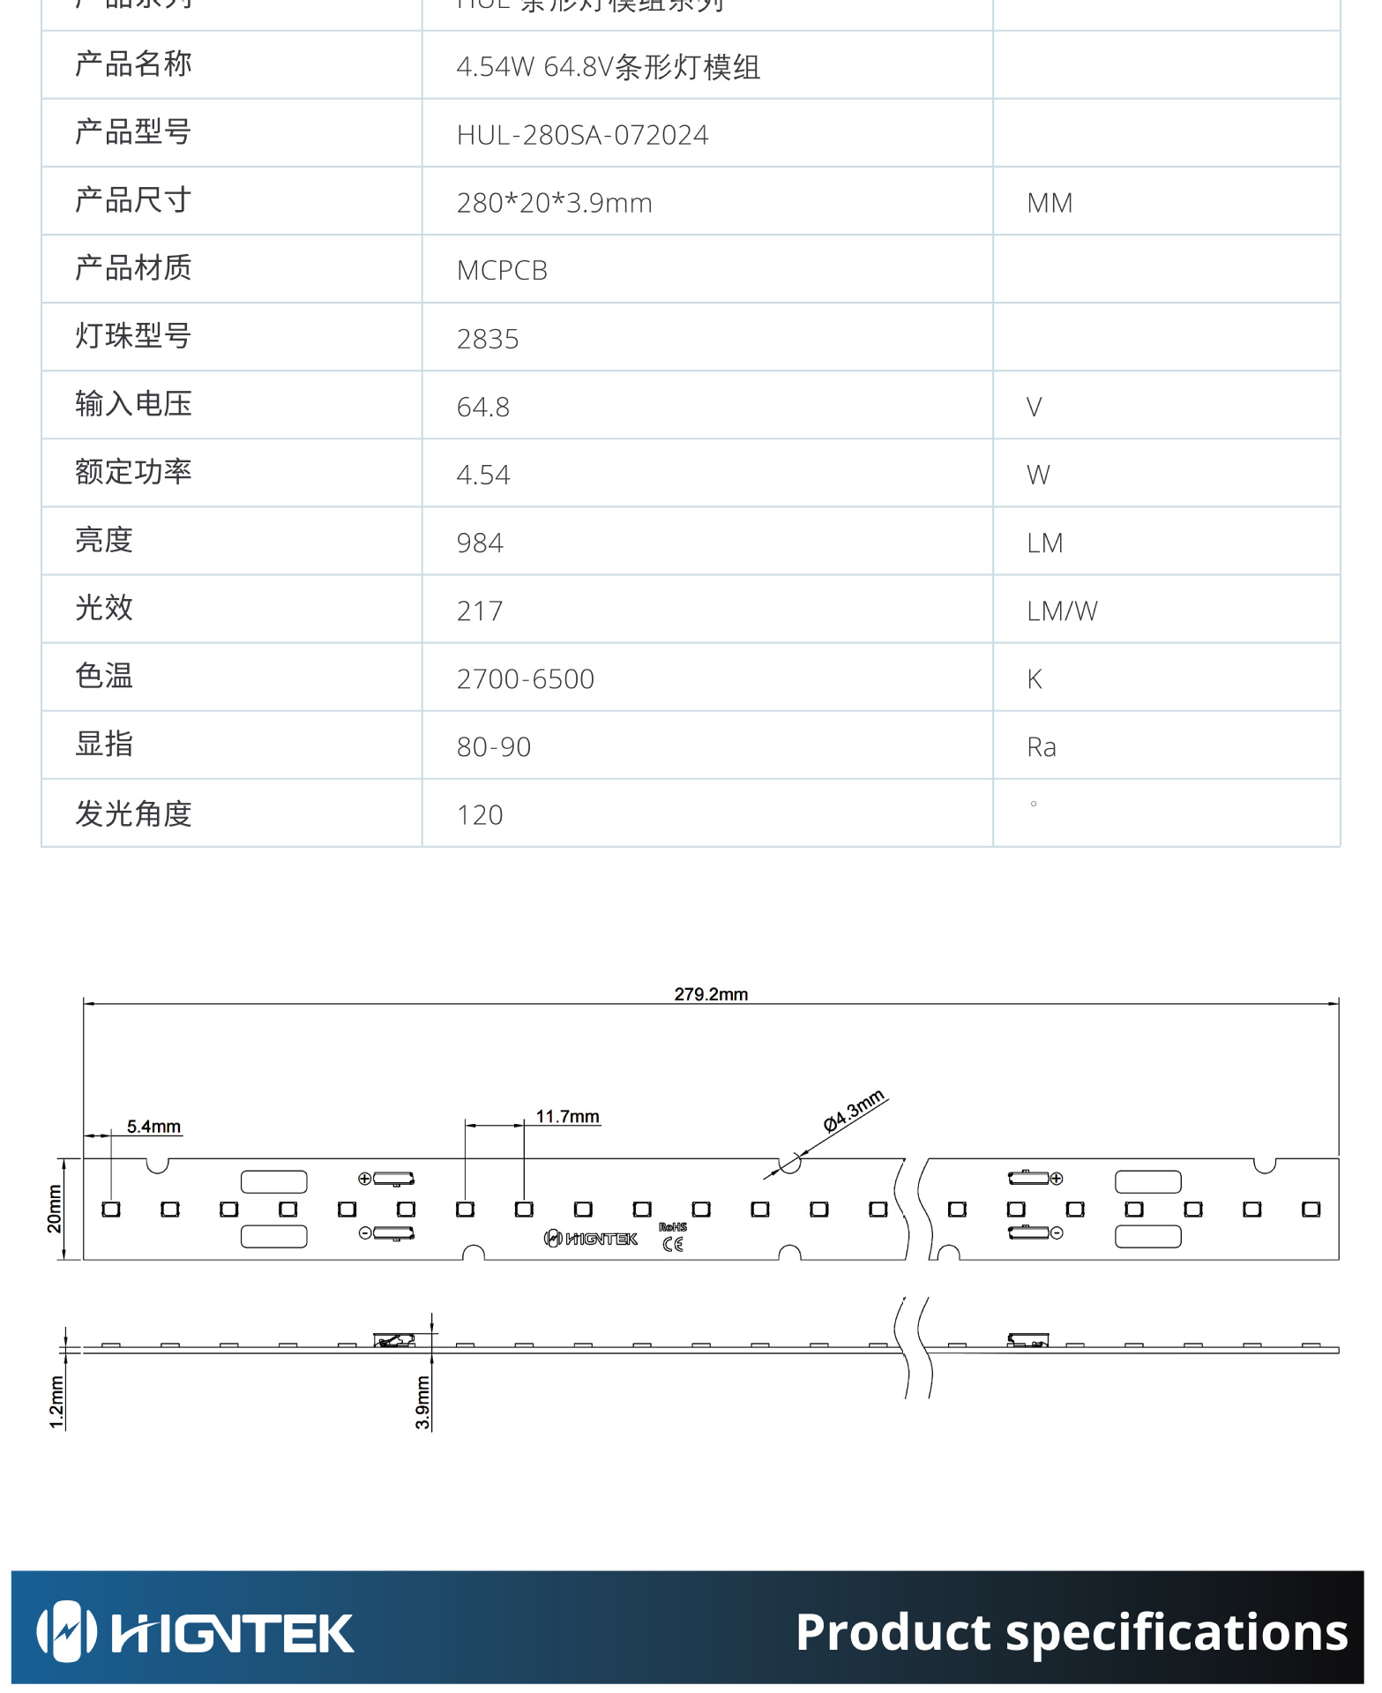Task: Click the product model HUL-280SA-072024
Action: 582,135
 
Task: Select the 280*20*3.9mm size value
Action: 554,203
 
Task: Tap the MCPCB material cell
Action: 502,271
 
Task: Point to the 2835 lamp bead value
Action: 488,339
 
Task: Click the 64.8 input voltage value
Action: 482,407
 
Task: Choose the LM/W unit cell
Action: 1062,611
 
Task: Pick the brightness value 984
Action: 480,543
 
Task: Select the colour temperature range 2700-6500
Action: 525,678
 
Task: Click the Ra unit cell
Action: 1042,747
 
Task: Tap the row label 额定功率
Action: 133,472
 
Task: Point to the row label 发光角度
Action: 133,813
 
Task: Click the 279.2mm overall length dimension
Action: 711,994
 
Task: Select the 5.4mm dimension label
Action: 153,1127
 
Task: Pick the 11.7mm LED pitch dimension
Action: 568,1117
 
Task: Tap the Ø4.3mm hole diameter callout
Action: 853,1111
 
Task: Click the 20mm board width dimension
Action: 55,1209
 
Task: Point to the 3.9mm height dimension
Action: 423,1402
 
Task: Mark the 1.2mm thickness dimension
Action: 56,1402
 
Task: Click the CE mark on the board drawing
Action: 673,1244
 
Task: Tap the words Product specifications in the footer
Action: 1071,1632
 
